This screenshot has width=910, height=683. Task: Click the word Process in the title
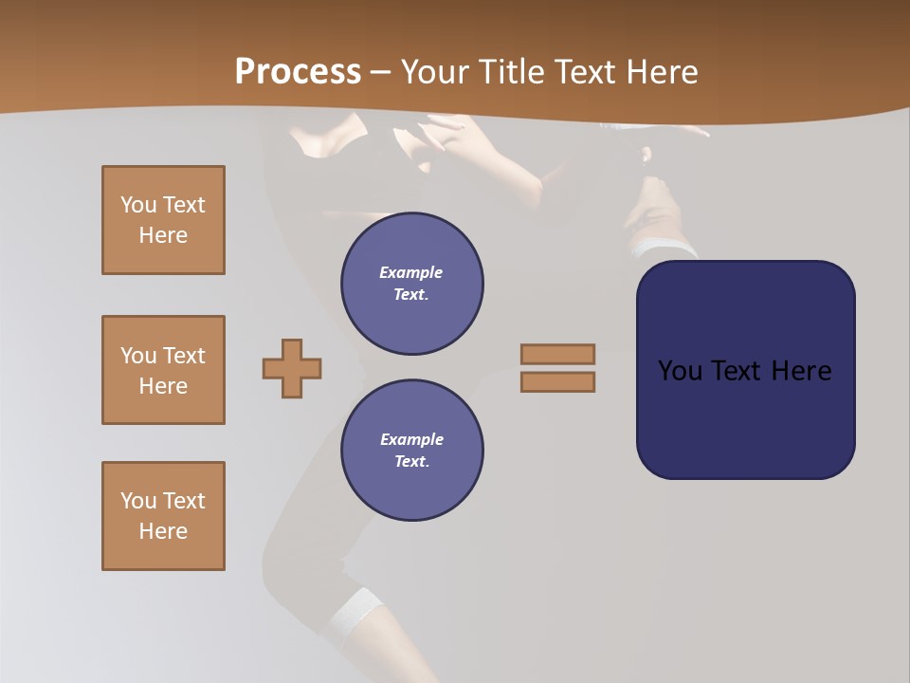298,72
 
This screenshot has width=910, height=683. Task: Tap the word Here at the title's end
662,72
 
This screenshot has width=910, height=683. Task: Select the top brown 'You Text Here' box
163,220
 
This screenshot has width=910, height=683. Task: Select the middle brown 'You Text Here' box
163,370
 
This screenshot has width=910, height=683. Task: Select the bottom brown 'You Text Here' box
163,516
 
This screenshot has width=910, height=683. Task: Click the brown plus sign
292,368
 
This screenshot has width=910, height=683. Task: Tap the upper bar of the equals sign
557,354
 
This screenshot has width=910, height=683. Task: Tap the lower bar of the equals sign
557,381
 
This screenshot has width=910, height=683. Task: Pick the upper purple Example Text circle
412,284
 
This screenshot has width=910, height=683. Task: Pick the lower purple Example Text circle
412,451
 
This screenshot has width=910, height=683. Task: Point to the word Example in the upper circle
411,272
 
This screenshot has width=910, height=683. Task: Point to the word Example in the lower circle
411,439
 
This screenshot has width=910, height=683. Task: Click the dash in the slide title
380,72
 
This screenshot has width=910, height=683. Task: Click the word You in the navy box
680,371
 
